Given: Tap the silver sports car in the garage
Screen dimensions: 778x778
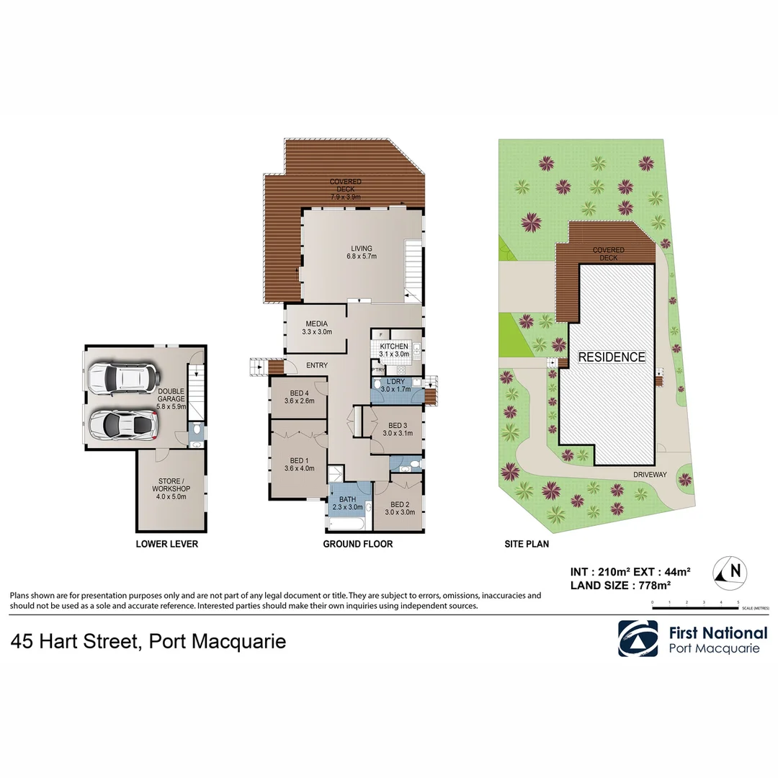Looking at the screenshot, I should point(123,426).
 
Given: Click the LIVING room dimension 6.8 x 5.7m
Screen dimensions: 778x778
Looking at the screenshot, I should point(362,256).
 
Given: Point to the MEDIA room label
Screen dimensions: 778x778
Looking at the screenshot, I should point(317,323).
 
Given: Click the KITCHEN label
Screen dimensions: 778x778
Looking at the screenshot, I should point(394,346).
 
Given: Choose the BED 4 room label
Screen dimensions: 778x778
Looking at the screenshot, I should point(298,393).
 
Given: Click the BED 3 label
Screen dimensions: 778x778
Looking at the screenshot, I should point(398,425).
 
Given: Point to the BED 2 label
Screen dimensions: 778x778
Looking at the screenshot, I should point(399,504).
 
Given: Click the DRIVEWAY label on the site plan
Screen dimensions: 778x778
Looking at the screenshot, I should point(650,475).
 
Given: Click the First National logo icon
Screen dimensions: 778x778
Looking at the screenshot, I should point(638,638).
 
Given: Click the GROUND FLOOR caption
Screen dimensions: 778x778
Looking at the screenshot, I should point(357,544).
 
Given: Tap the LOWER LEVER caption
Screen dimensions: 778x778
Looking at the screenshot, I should point(166,544).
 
